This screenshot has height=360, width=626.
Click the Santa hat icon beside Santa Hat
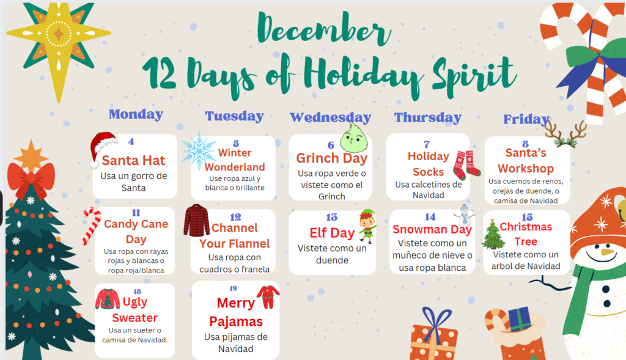point(103,149)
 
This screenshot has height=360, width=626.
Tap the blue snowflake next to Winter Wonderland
point(199,151)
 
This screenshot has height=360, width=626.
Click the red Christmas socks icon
point(466,165)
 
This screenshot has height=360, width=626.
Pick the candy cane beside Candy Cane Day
point(90,226)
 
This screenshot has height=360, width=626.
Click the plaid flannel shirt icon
point(196,220)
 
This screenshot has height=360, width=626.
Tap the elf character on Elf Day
point(367,226)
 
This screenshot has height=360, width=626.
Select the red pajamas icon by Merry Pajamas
point(268,297)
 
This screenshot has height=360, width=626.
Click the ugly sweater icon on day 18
point(108,299)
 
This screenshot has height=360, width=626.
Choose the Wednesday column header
point(331,117)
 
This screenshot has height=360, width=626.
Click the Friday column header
point(526,119)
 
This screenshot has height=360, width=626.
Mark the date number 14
point(430,217)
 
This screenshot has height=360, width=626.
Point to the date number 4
point(131,141)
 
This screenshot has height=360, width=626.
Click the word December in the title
point(323,29)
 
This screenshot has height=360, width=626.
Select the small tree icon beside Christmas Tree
point(493,235)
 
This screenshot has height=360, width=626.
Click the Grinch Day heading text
point(332,158)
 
